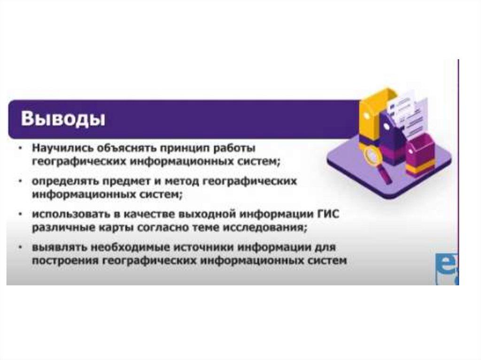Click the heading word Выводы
63,119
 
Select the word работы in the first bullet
234,148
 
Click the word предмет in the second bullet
125,181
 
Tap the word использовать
71,214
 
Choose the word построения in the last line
64,260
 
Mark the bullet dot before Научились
21,148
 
